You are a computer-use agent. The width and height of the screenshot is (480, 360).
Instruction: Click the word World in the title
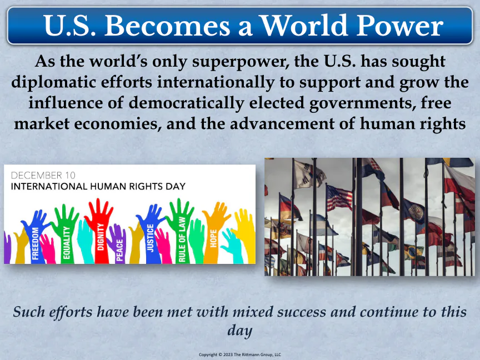pyautogui.click(x=304, y=26)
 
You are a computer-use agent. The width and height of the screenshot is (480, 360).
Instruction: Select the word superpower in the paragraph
pyautogui.click(x=241, y=61)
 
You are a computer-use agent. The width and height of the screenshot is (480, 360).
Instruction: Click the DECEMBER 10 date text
pyautogui.click(x=43, y=176)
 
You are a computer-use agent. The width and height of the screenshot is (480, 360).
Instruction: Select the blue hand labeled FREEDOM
pyautogui.click(x=36, y=236)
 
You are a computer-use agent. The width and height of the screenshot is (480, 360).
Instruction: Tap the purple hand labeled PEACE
pyautogui.click(x=118, y=244)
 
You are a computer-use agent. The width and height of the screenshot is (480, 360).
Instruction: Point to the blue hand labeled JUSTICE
pyautogui.click(x=151, y=234)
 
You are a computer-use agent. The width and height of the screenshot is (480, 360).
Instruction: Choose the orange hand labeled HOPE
pyautogui.click(x=214, y=233)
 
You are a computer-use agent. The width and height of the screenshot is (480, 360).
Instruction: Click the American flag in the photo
pyautogui.click(x=339, y=198)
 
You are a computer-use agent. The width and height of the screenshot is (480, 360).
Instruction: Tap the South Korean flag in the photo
pyautogui.click(x=308, y=174)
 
